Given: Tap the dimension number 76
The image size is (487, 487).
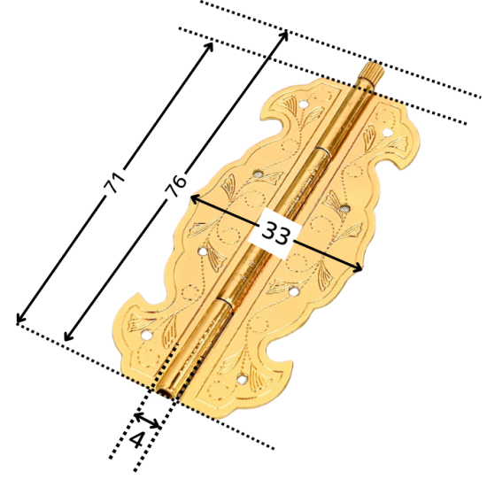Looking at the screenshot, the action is [176, 186].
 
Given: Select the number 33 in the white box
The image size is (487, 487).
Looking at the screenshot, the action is [275, 233].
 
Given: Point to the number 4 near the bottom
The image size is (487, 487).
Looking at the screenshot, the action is [137, 440].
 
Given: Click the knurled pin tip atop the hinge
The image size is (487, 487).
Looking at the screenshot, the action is [372, 71].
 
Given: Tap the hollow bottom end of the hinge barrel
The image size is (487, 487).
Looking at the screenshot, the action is [166, 391].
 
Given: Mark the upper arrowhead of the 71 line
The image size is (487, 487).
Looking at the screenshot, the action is [210, 45].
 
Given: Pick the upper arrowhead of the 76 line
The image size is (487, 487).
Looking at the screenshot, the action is [284, 35].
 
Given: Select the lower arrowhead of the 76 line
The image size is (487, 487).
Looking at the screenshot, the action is [67, 336].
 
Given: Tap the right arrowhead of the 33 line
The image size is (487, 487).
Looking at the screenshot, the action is [358, 267].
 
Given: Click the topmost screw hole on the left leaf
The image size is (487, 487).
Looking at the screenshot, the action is [304, 104].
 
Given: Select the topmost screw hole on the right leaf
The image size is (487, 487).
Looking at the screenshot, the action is [387, 133].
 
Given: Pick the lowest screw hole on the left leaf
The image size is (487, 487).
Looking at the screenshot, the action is [146, 335].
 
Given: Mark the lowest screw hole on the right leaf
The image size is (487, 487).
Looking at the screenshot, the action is [242, 379].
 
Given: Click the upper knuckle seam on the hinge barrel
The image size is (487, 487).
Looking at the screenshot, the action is [321, 151].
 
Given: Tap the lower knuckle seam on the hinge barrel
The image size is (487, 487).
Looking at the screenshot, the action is [225, 303].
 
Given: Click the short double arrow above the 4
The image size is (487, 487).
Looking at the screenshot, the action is [148, 420].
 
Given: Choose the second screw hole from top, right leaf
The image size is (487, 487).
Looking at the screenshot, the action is [344, 208].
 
